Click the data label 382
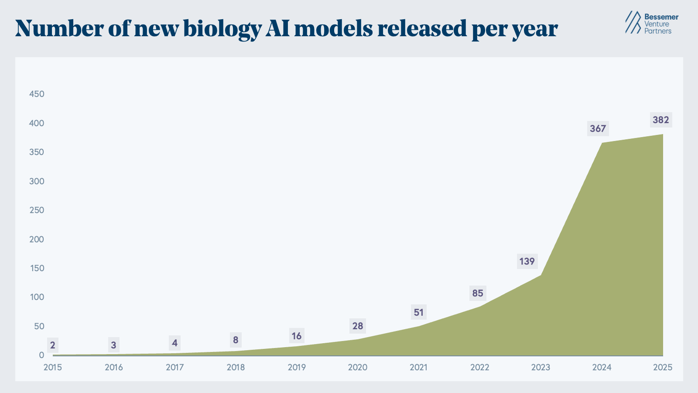[660, 120]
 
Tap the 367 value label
[598, 129]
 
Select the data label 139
[527, 262]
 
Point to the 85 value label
[478, 293]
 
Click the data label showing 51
[418, 313]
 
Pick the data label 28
[358, 326]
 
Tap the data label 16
[297, 336]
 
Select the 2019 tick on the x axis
[297, 367]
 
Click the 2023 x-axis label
[541, 367]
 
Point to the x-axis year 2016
[113, 367]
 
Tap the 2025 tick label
[663, 367]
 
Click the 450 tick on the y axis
[37, 94]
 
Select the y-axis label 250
[37, 210]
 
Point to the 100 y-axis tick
[37, 297]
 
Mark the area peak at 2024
[602, 143]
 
